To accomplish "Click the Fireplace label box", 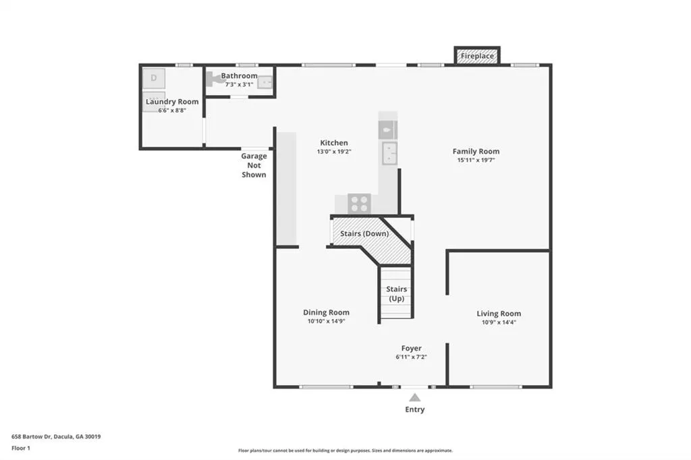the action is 477,55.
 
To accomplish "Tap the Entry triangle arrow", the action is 415,397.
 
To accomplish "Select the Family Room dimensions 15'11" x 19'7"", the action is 476,160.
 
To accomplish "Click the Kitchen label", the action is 333,143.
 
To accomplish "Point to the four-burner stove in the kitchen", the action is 359,204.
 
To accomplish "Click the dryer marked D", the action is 154,78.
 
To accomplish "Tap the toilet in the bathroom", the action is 214,79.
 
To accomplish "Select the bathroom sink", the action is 265,82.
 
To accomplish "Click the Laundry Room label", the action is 172,101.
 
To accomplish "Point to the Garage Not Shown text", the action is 254,165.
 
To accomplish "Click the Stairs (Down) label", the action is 364,233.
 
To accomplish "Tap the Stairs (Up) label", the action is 396,294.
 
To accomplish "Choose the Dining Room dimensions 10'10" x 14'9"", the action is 326,321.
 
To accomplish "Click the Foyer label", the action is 411,348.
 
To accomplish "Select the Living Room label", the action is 499,313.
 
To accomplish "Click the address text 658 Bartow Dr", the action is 31,436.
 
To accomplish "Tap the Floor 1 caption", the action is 21,448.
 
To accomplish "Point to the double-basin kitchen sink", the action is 389,153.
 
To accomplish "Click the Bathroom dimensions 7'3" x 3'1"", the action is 240,84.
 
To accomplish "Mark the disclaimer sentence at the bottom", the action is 345,451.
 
